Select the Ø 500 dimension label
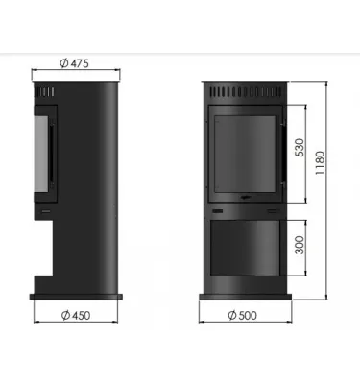pyautogui.click(x=248, y=317)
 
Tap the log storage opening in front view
pyautogui.click(x=247, y=248)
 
